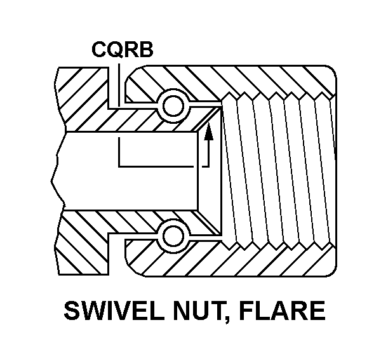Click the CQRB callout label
click(x=123, y=50)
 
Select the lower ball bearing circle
click(x=173, y=236)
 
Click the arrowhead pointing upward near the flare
click(x=210, y=131)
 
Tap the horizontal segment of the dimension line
click(x=159, y=166)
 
